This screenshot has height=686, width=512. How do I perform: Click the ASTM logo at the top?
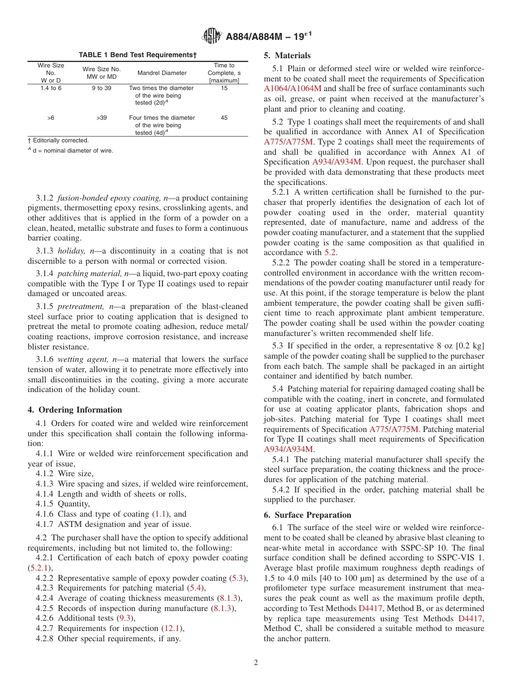tap(211, 36)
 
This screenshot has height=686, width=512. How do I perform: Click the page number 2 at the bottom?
tap(256, 662)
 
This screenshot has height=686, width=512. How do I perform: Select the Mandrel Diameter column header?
tap(162, 73)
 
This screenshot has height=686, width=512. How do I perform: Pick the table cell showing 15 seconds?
tap(224, 88)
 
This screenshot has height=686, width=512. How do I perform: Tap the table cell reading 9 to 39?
tap(101, 88)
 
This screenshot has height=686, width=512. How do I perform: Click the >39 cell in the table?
tap(101, 118)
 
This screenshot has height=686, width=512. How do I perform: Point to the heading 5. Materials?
tap(287, 56)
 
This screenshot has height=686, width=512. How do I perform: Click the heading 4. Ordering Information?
tap(75, 410)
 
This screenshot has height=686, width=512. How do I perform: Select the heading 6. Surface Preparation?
tap(307, 515)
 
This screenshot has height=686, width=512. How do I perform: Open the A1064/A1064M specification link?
tap(293, 88)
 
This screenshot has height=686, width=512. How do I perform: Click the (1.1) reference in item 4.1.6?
tap(160, 514)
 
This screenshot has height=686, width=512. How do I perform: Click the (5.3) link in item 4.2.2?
tap(237, 578)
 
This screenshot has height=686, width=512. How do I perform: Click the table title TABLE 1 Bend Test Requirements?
tap(137, 55)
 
